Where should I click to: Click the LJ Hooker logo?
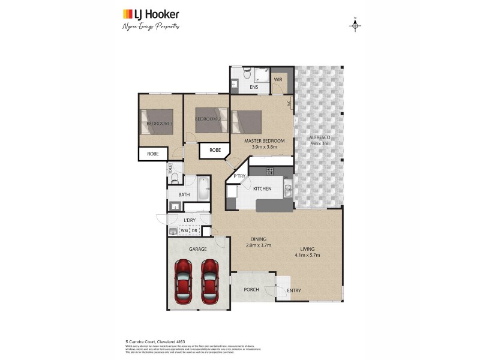[151, 14]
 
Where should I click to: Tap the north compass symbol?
[355, 25]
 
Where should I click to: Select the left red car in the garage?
[184, 281]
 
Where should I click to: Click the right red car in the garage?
[209, 281]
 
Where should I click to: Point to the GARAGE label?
[197, 248]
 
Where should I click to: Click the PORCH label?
[251, 289]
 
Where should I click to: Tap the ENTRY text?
[294, 291]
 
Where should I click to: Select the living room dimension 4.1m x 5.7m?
[308, 255]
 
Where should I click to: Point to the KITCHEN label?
[262, 189]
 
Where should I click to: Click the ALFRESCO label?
[320, 137]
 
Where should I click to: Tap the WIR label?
[278, 79]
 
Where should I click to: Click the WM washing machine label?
[184, 231]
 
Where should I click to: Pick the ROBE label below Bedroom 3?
[153, 154]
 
